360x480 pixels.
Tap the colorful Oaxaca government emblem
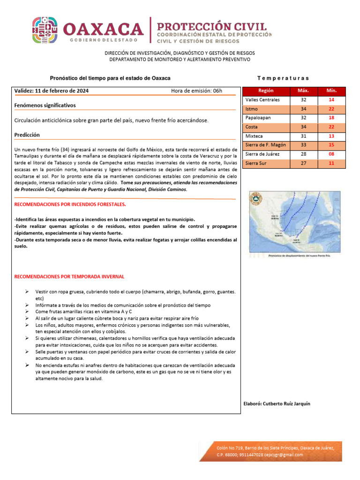click(45, 31)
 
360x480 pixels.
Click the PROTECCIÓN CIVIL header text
click(211, 26)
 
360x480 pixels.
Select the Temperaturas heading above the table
click(283, 78)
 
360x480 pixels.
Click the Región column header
click(266, 91)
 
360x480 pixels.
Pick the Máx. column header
click(303, 91)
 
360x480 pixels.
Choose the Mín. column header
click(331, 91)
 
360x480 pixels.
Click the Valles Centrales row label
click(262, 100)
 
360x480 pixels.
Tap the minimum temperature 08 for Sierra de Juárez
click(331, 154)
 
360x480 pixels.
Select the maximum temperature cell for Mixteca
click(303, 136)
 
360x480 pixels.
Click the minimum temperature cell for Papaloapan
click(331, 118)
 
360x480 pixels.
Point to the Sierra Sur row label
click(256, 163)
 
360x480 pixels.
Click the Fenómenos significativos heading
click(45, 105)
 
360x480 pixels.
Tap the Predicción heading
click(27, 135)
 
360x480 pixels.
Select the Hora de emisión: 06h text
click(196, 91)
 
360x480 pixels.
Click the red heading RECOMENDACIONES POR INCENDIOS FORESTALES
click(70, 205)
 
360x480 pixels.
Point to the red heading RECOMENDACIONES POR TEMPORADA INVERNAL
click(69, 277)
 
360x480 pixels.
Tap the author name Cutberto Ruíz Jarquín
click(286, 404)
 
